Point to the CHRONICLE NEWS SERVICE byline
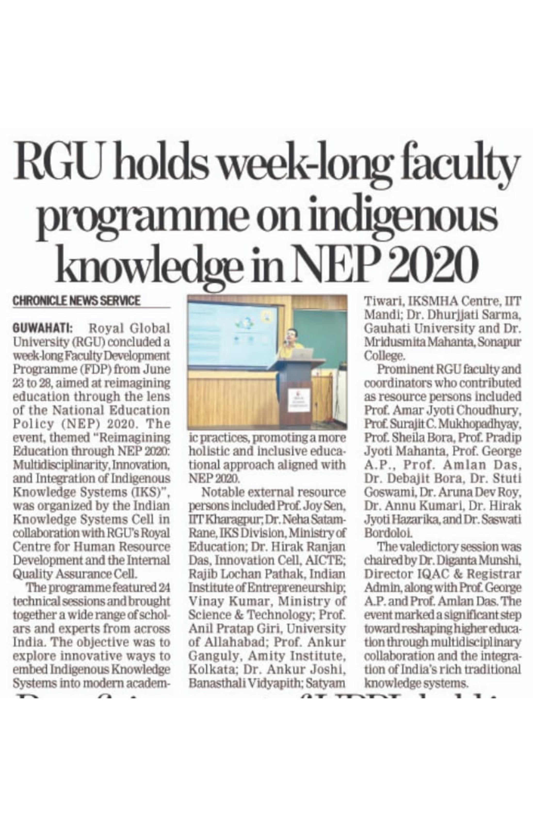[x=76, y=300]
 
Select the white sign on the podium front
[x=299, y=400]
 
